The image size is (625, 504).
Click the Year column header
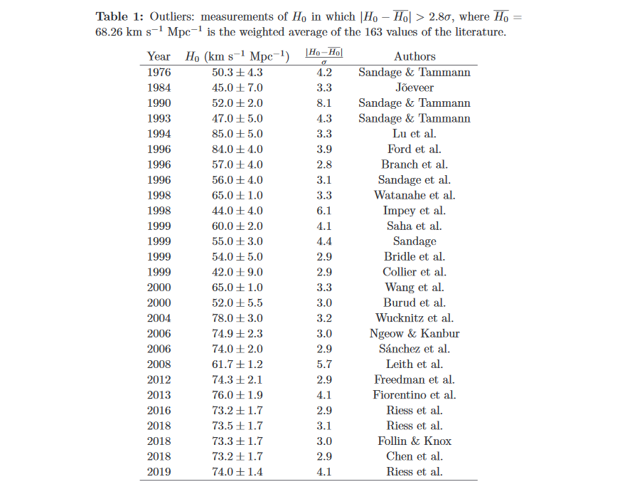159,56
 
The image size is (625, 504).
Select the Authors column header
414,56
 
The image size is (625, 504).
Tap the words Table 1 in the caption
117,16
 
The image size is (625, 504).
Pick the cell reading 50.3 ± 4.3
237,72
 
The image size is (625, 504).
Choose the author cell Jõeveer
414,88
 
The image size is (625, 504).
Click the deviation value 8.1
324,103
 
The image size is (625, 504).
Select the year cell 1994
159,134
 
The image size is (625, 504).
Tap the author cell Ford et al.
414,149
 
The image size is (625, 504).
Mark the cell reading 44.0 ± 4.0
237,211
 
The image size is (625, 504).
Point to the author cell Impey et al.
414,211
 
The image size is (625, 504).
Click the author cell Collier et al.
414,272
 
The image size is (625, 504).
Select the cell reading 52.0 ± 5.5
237,303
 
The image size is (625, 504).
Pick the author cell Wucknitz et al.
414,318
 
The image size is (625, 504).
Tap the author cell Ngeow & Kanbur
414,334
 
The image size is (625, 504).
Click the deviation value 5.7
324,364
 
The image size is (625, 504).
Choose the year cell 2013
159,395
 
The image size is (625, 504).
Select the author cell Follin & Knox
414,441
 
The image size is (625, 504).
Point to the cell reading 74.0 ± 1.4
237,472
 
